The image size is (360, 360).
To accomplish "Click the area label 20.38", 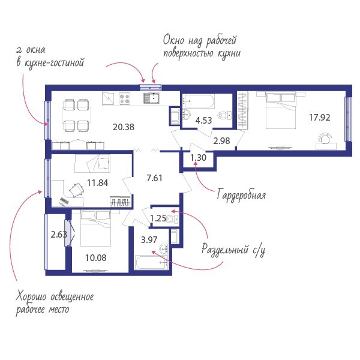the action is coord(124,127).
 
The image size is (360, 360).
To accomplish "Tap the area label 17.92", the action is coord(320,118).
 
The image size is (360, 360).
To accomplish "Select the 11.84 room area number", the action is coord(98,183).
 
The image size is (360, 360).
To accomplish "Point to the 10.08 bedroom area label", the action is coord(96,258).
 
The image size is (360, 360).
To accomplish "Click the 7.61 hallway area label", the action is coord(155,178).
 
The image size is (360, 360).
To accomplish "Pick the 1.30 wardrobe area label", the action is coord(199,158).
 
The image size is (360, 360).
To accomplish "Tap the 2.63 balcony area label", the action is coord(59,235).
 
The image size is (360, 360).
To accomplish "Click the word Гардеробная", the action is coord(242,195).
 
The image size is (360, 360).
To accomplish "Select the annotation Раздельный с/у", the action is coord(233,250).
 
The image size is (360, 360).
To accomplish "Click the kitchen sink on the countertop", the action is coord(152,98).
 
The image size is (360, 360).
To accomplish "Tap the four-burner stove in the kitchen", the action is coord(124,98).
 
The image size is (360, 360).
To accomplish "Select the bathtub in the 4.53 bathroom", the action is coord(199,101).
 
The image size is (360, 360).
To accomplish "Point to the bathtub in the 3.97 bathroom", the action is coord(152,262).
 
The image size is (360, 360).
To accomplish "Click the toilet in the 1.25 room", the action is coord(172,219).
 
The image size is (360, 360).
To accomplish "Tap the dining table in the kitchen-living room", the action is coord(76,115).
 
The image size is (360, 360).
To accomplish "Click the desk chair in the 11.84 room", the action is coord(76,190).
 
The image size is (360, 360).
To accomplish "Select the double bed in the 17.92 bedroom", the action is coord(280,110).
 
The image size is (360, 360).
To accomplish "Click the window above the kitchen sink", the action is coord(151,87).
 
